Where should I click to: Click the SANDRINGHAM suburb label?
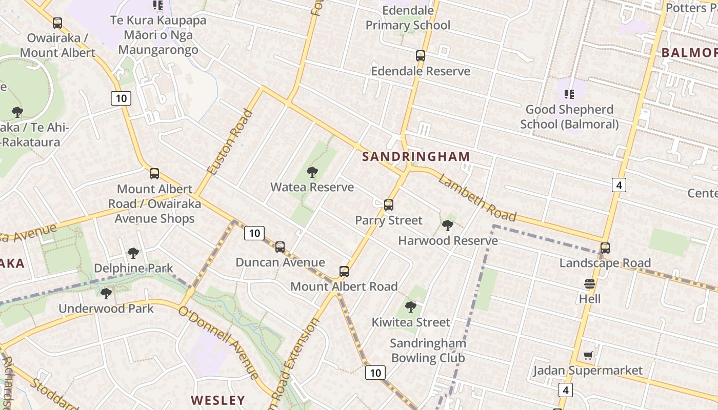[416, 157]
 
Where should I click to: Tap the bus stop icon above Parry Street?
[389, 205]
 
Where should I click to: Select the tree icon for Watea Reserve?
[312, 172]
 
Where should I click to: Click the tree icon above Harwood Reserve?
[448, 225]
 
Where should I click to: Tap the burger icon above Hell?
[589, 283]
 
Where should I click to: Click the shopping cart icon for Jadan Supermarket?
[588, 355]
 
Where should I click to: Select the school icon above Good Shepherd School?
[569, 94]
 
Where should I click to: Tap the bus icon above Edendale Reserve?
[421, 56]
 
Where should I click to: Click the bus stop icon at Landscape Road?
[605, 248]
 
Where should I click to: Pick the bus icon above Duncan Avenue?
[280, 247]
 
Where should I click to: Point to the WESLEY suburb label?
[218, 400]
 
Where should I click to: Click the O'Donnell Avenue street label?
[219, 343]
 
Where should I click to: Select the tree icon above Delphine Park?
[133, 253]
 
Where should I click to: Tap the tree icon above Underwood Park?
[106, 294]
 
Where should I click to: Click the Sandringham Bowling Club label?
[428, 351]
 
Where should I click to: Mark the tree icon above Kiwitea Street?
[410, 307]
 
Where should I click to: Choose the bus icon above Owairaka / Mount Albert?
[57, 23]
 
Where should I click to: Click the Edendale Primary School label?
[408, 18]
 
